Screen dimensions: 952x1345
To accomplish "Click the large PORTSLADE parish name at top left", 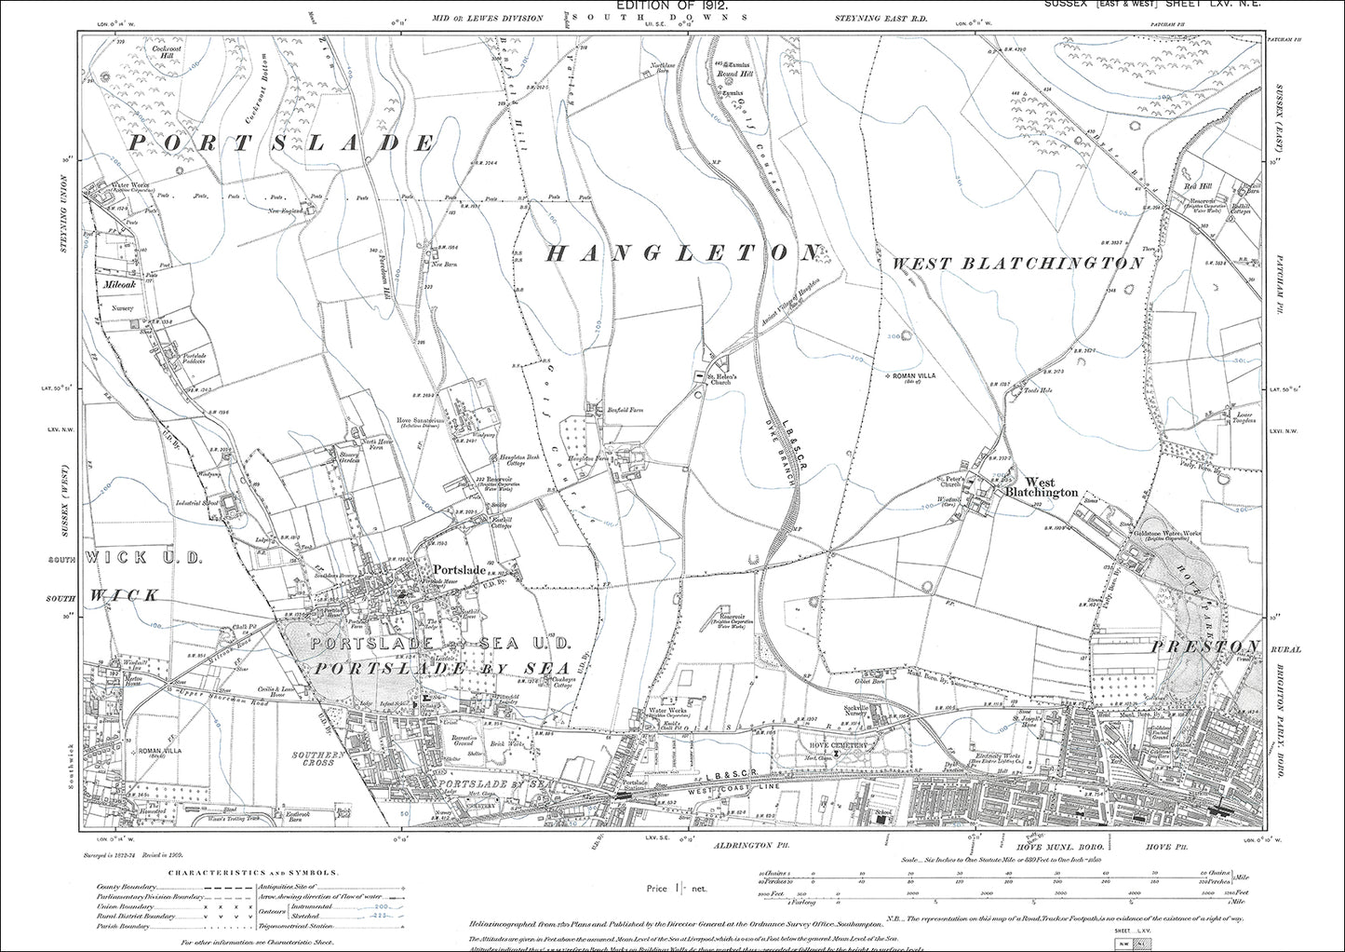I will pyautogui.click(x=281, y=143).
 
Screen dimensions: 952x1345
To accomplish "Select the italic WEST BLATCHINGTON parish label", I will pyautogui.click(x=1017, y=264).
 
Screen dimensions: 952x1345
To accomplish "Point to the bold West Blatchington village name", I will pyautogui.click(x=1041, y=487).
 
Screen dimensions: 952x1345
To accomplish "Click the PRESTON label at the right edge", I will pyautogui.click(x=1205, y=646).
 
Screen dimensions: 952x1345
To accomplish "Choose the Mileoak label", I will pyautogui.click(x=120, y=284).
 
